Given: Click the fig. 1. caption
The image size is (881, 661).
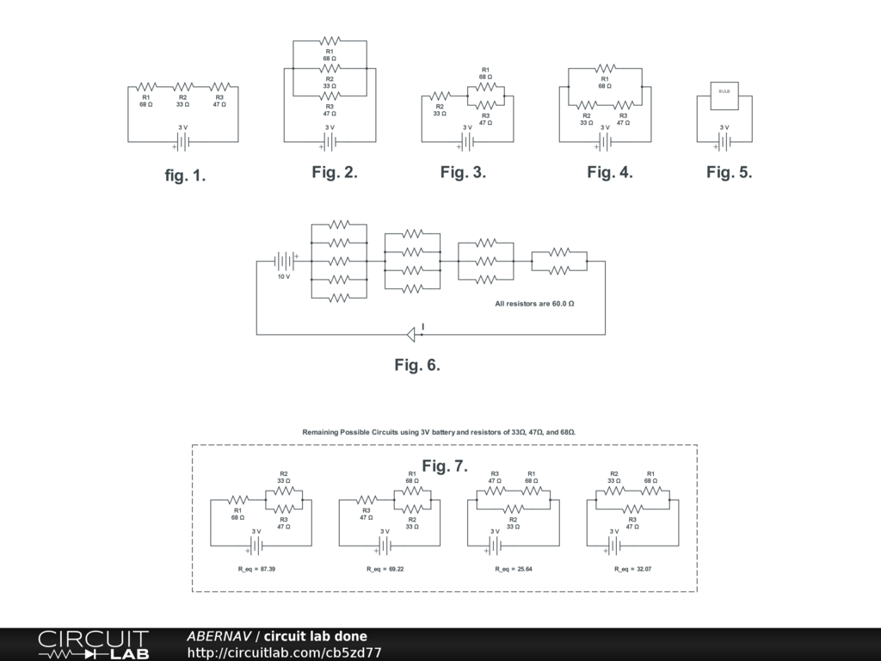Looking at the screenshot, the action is [x=185, y=176].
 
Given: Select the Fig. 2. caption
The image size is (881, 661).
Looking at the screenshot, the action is [x=335, y=172].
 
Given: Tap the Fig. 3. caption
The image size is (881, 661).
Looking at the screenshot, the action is [x=463, y=172].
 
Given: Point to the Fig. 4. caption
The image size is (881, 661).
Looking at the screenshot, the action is [x=610, y=172].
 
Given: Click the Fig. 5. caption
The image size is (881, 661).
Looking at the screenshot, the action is [x=730, y=172].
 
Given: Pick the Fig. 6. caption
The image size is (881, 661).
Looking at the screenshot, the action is [x=417, y=365].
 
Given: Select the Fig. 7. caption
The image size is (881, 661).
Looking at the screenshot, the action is [x=445, y=466].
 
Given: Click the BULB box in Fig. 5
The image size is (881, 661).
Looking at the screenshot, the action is [x=724, y=96].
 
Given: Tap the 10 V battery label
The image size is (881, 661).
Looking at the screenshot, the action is [x=283, y=277].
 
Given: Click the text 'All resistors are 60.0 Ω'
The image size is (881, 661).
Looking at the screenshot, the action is [x=534, y=304].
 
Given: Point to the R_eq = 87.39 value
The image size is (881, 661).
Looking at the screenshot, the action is [x=256, y=569].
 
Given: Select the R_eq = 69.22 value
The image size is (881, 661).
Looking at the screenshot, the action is [x=385, y=569].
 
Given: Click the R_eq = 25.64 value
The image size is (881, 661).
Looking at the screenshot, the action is [x=514, y=569].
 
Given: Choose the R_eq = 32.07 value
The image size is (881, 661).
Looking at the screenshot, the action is [x=632, y=569].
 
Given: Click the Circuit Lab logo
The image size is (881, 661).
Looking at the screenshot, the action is [x=93, y=645].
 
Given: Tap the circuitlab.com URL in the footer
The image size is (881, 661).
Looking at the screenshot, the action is [x=284, y=653].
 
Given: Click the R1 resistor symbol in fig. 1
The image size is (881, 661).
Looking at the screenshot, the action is [x=146, y=86].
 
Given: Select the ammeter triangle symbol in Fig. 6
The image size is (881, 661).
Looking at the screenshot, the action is [x=410, y=334].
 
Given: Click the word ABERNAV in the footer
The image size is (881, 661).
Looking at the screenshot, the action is [x=219, y=637].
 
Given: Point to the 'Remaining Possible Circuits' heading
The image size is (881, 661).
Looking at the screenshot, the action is [x=439, y=431].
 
